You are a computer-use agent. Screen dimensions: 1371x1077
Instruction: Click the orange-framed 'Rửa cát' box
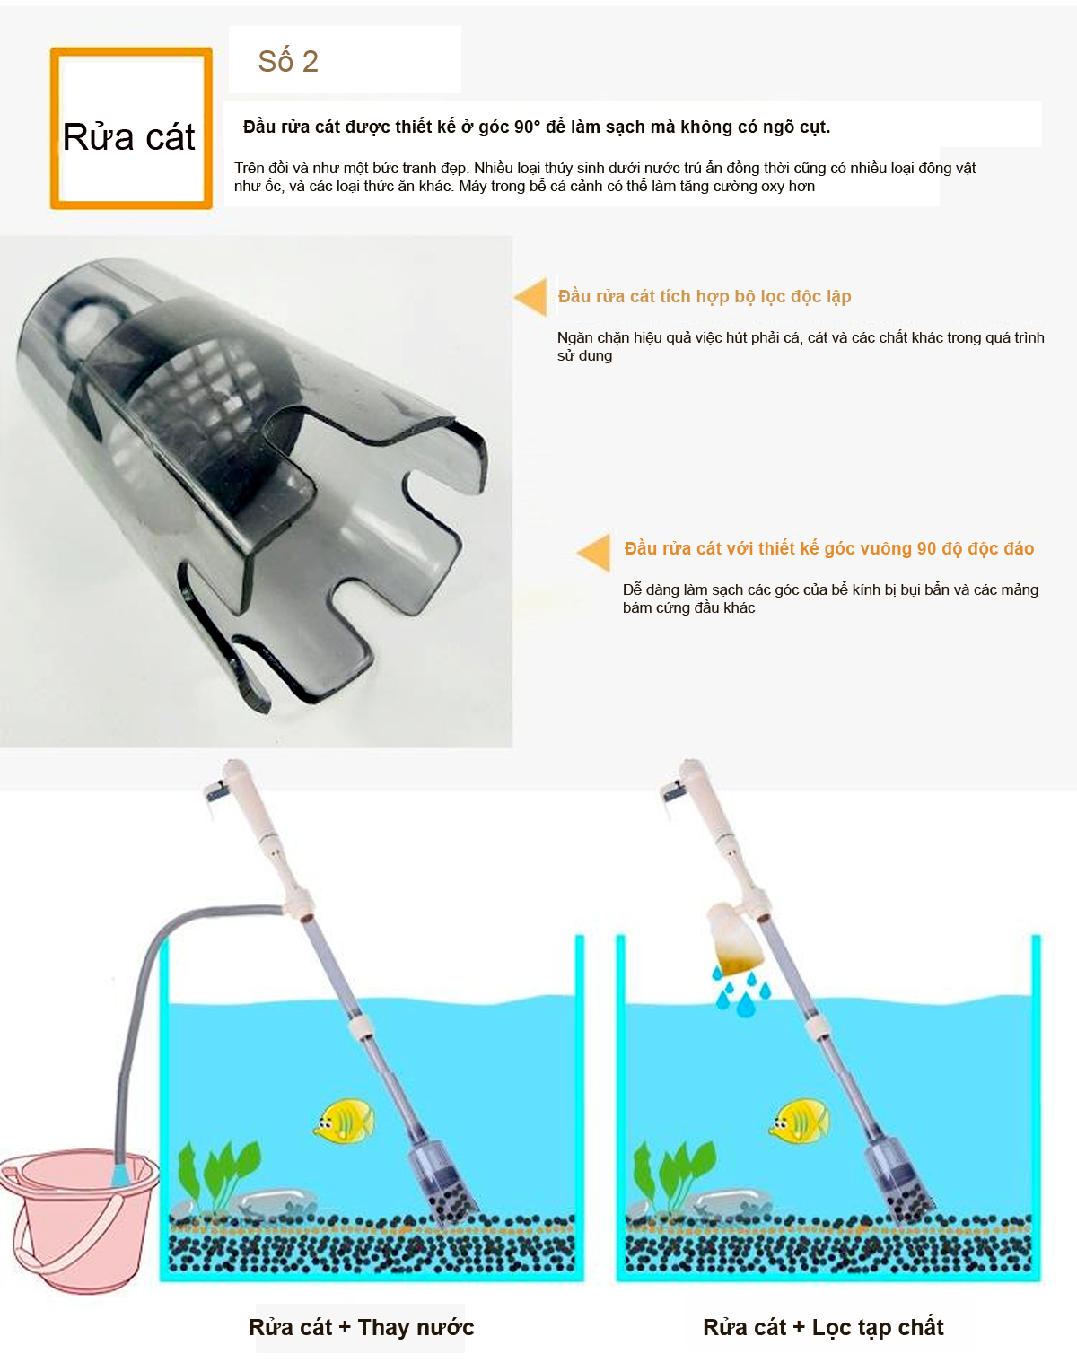131,128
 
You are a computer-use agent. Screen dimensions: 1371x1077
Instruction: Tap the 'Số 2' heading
288,61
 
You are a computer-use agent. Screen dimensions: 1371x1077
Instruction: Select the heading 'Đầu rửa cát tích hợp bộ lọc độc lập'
705,296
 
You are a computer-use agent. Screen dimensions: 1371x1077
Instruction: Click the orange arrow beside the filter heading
531,297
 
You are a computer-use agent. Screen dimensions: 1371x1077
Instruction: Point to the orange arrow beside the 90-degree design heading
595,553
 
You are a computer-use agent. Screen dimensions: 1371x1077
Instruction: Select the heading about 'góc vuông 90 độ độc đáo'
828,548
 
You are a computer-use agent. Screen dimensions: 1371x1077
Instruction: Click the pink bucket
76,1220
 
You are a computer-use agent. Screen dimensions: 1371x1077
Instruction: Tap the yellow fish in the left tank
345,1121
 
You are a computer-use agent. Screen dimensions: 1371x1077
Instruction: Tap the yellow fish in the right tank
801,1121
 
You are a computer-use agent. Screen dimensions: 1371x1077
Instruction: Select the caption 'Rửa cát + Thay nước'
361,1327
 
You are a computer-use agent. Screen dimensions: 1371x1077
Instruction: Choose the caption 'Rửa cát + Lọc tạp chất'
823,1327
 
